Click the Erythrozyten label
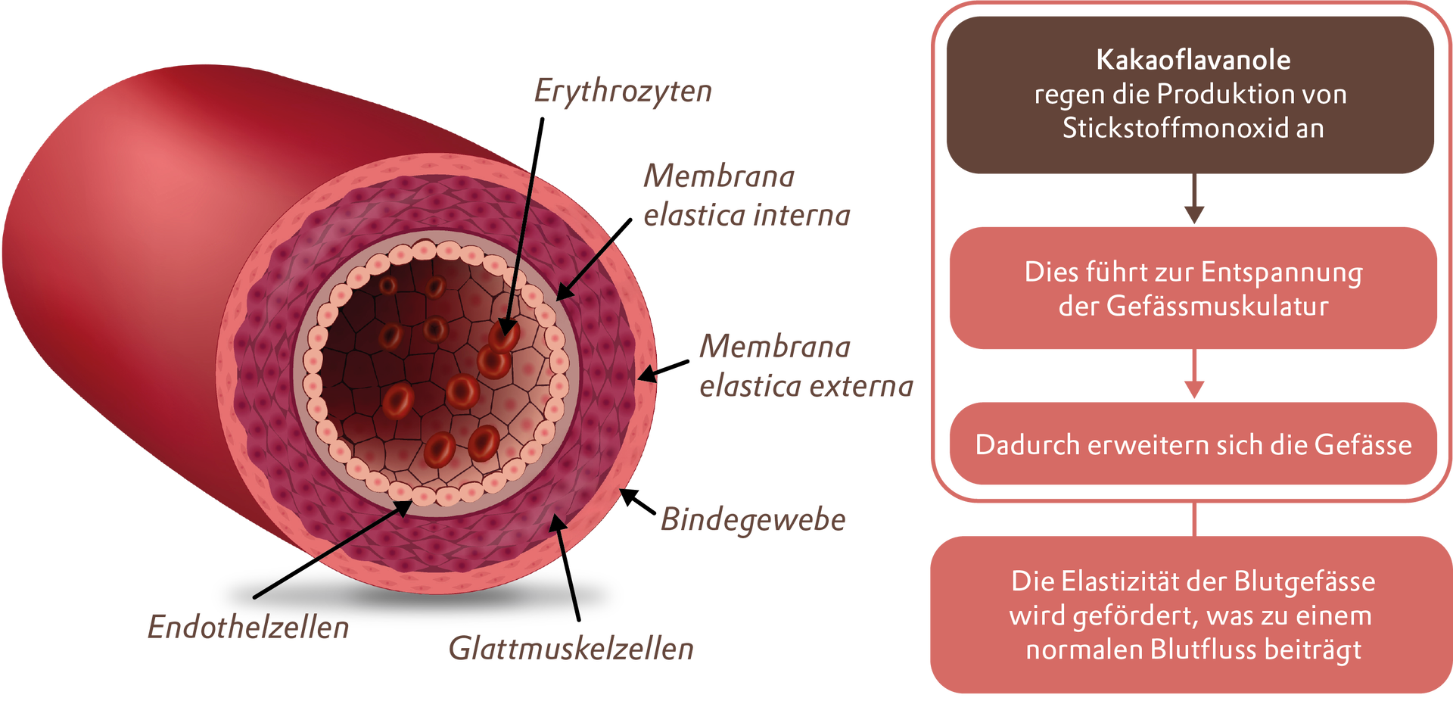click(623, 92)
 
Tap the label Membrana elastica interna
click(746, 196)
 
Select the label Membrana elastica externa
click(806, 366)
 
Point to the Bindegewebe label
click(753, 520)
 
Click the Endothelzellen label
click(248, 628)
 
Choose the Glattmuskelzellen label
click(571, 649)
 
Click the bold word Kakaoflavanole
click(1193, 60)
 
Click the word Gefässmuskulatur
click(1217, 306)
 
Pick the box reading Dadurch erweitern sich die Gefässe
click(1193, 444)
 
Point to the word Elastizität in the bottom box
click(1121, 581)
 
